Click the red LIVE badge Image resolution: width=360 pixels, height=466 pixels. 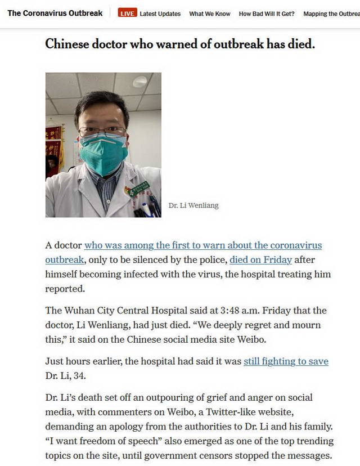128,14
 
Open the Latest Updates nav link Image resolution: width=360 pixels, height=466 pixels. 160,14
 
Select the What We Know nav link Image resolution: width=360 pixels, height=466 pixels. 210,14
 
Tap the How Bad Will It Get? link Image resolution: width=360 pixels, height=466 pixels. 267,14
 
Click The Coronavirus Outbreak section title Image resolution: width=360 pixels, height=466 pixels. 55,13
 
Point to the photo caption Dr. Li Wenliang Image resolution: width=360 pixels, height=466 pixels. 193,205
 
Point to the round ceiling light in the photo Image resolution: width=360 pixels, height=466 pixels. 140,82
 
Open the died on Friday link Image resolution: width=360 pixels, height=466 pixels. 260,259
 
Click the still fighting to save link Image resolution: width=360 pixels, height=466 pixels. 286,361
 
